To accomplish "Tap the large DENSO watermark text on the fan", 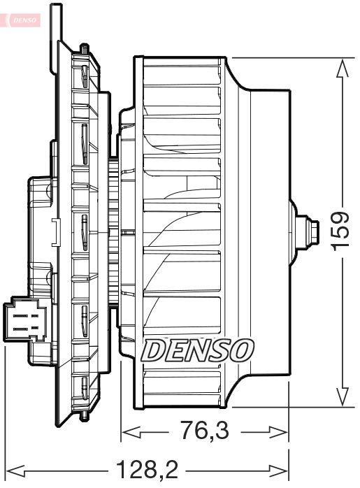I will click(x=198, y=348).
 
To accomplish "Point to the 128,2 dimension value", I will click(x=147, y=467).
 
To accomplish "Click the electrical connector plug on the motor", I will click(x=22, y=321).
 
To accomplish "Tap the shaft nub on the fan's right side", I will click(x=306, y=229).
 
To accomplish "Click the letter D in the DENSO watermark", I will click(x=153, y=348).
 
